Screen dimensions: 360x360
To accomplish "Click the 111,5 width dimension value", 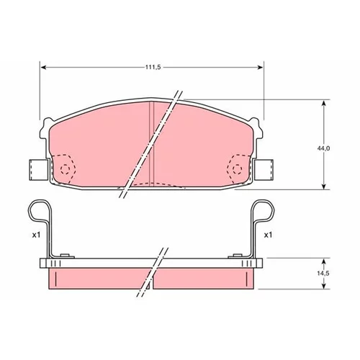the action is click(x=153, y=67).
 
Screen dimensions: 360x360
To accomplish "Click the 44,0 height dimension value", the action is click(x=323, y=148).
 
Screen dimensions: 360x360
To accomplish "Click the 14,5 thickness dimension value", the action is click(x=323, y=274).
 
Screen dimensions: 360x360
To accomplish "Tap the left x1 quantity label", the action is click(x=36, y=235).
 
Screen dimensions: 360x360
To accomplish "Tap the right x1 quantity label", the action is click(x=268, y=235).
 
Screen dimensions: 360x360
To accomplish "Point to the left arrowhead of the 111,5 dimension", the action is click(x=43, y=68).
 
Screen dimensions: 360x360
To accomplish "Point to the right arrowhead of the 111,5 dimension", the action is click(x=260, y=68).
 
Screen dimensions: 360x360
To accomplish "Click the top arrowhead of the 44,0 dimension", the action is click(x=324, y=104).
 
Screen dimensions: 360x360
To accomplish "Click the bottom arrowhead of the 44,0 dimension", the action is click(x=324, y=186).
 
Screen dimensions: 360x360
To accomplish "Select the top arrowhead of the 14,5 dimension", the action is click(x=324, y=262).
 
